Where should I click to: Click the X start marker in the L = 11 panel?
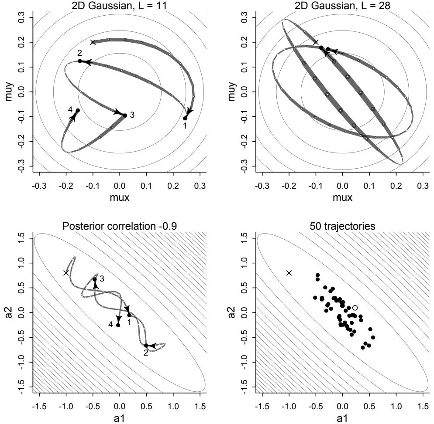pos(93,42)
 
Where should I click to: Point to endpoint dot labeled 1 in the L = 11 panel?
pos(185,118)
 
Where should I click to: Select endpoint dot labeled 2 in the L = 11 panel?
pos(80,61)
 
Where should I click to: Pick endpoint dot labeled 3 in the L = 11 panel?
pos(125,115)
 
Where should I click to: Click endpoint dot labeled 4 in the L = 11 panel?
pos(78,111)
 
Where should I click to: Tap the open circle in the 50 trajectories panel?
pos(355,308)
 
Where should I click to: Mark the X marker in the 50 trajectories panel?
pos(289,273)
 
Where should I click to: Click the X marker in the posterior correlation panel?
pos(66,273)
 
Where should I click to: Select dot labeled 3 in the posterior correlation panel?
pos(95,279)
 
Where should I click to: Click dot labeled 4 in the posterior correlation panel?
pos(118,325)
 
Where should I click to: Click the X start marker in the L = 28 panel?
pos(316,42)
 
